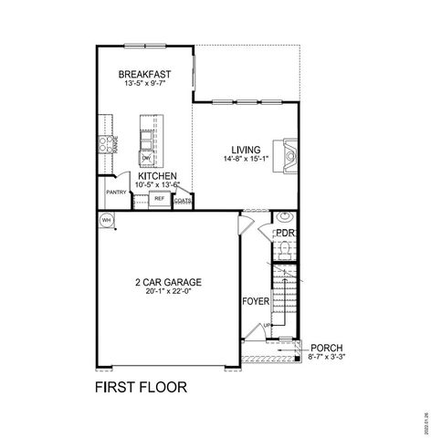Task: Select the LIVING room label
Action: [x=246, y=150]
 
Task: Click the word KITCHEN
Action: [x=157, y=177]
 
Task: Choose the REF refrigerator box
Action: [x=159, y=198]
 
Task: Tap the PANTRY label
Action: [x=116, y=193]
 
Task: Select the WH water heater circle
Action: [x=106, y=220]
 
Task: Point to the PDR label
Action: [x=285, y=234]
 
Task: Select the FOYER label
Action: [x=256, y=300]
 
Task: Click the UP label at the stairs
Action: [x=267, y=326]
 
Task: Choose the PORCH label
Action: [x=325, y=348]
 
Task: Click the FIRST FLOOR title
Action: [x=142, y=386]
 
